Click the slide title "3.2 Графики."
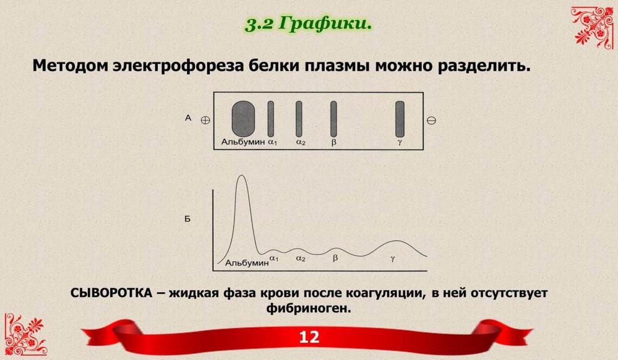point(309,24)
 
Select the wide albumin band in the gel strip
point(242,119)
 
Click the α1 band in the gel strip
point(271,119)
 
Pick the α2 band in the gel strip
point(299,119)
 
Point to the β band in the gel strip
point(333,119)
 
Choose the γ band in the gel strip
point(400,119)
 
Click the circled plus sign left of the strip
point(205,120)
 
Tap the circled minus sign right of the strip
point(432,120)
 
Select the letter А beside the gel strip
point(188,118)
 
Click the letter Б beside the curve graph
point(187,218)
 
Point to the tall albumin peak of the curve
point(242,176)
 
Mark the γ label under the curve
point(393,259)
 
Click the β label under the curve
point(335,259)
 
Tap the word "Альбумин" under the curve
point(247,263)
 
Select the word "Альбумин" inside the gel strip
point(242,142)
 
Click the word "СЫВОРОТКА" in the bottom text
point(111,293)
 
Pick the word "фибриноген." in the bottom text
point(309,307)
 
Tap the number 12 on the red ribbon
point(309,337)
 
